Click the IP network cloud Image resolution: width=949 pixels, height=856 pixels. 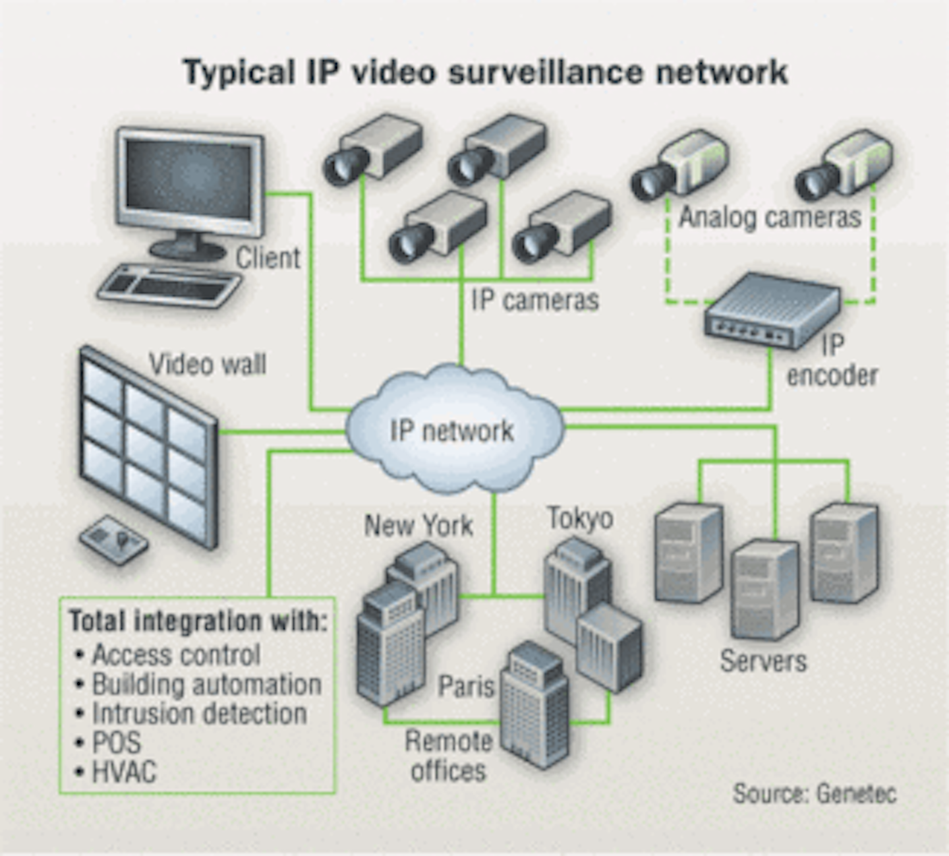point(453,430)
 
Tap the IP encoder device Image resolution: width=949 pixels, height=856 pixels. point(771,310)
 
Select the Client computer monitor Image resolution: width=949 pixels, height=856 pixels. point(190,181)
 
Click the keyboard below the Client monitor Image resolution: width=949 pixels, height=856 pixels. point(170,286)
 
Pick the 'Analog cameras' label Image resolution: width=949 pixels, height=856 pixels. point(770,217)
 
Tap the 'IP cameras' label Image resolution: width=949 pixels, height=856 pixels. point(534,300)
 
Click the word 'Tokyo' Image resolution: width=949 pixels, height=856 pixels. point(580,518)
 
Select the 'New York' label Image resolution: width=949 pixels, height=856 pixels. point(418,526)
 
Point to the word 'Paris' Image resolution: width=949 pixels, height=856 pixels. point(466,687)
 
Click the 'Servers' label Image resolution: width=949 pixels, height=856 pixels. point(763,661)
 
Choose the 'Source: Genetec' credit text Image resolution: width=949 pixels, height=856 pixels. point(815,793)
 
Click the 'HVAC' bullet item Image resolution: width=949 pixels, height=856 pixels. point(124,772)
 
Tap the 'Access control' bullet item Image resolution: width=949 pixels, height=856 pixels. point(176,655)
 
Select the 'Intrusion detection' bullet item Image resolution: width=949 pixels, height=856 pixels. point(199,714)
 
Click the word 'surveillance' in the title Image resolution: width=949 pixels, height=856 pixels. point(546,72)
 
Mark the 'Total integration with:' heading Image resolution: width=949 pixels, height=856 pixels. point(198,621)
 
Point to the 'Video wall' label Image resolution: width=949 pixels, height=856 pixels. point(208,364)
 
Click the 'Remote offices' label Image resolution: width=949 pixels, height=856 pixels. point(448,756)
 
